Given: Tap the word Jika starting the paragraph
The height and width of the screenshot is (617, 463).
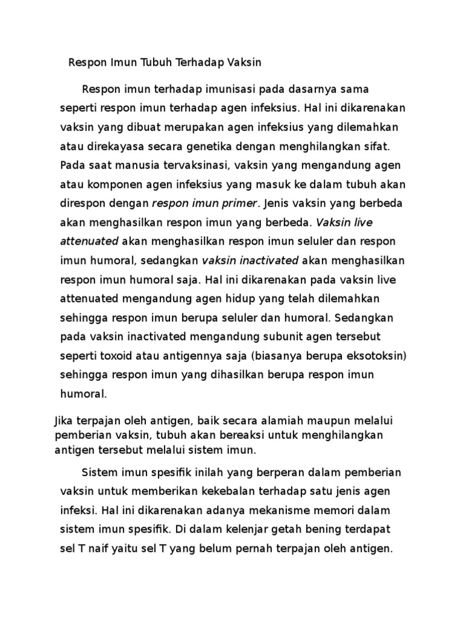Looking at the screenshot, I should pyautogui.click(x=63, y=421).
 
